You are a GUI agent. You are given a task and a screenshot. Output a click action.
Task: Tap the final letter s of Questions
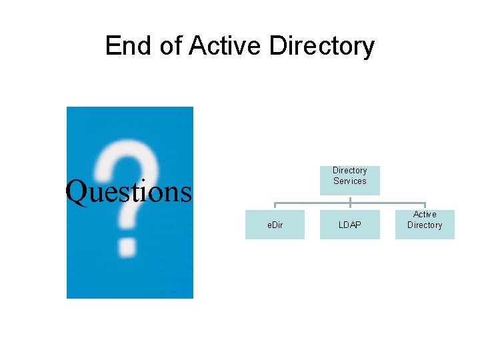185,193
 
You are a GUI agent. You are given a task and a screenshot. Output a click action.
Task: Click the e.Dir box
275,225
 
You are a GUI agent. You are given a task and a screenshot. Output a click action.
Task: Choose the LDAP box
350,225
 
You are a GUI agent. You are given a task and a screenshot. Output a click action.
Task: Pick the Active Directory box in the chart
425,225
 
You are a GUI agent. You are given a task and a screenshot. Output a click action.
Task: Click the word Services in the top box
350,181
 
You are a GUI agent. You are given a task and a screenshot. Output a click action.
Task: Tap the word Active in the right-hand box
425,214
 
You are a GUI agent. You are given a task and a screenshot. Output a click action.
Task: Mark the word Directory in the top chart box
350,171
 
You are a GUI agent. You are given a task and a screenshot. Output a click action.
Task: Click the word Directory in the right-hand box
425,225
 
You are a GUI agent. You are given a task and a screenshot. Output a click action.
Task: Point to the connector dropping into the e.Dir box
275,206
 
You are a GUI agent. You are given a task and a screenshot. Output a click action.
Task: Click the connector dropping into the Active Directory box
425,206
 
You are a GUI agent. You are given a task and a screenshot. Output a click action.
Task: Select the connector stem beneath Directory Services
350,199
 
